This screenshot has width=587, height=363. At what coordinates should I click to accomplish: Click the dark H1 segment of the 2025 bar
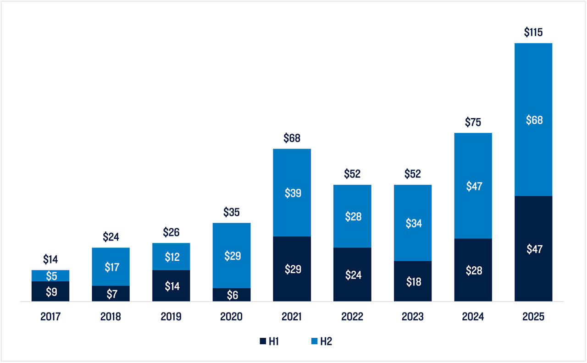tap(533, 248)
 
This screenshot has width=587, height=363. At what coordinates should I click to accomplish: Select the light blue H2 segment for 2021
tap(292, 192)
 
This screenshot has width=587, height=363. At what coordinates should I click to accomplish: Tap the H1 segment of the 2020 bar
tap(232, 295)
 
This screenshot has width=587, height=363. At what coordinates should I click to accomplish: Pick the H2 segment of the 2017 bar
tap(50, 275)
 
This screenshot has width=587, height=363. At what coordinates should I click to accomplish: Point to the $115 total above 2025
tap(533, 33)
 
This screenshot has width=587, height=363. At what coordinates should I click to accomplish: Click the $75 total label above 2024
tap(473, 122)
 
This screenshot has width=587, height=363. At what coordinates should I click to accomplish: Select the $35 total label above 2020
tap(232, 212)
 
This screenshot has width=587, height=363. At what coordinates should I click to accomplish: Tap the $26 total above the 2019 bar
tap(171, 232)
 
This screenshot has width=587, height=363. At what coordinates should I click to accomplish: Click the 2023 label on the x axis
tap(413, 317)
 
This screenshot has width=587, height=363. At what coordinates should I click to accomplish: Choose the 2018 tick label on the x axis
tap(111, 317)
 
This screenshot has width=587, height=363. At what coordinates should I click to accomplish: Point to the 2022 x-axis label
tap(352, 317)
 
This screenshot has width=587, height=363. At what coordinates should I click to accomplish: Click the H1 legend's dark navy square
tap(263, 341)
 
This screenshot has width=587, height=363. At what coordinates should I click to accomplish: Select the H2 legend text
tap(326, 341)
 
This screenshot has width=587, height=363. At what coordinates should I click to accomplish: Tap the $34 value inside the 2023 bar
tap(413, 223)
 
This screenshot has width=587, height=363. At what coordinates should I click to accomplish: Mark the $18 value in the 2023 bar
tap(413, 282)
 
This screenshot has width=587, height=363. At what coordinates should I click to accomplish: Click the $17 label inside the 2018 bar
tap(111, 267)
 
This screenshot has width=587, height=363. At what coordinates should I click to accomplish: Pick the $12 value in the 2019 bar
tap(171, 257)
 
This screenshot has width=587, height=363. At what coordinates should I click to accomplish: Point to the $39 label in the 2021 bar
tap(292, 193)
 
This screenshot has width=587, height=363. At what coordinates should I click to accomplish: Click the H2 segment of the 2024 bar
tap(473, 186)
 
